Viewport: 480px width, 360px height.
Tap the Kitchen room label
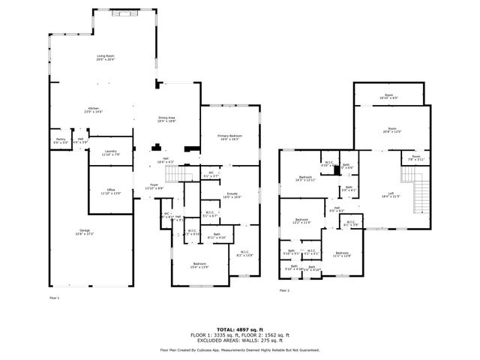(94, 109)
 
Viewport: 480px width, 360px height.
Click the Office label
(111, 192)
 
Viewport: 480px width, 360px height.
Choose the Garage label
(83, 232)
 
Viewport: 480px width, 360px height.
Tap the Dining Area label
(166, 118)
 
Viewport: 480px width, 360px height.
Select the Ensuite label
(232, 195)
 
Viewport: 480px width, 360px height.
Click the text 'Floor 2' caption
(284, 290)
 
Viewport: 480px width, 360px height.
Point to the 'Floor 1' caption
(54, 298)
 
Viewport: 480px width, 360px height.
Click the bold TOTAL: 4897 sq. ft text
(239, 329)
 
